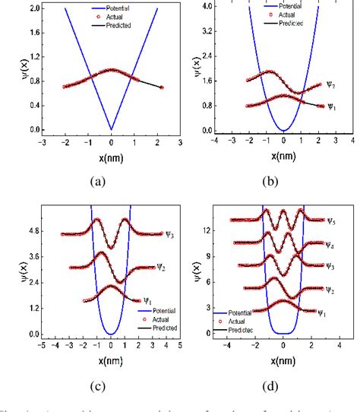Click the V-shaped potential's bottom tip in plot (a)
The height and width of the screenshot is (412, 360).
click(112, 129)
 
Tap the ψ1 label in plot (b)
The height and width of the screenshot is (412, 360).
click(331, 107)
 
